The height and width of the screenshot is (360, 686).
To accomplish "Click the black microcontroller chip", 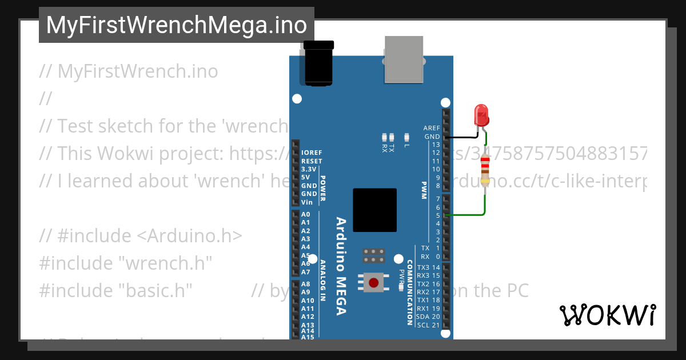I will click(x=374, y=210).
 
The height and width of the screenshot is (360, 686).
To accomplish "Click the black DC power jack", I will click(x=318, y=63).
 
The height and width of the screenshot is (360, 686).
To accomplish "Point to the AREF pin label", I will click(x=431, y=128).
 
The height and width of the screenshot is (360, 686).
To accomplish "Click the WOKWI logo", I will click(x=607, y=315).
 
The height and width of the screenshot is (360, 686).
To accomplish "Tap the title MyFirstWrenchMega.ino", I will click(x=176, y=25).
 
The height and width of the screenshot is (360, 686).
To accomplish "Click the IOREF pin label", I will click(x=311, y=153).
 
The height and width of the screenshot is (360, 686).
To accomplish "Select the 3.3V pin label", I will click(x=308, y=169).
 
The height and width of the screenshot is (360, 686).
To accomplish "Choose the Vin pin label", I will click(x=307, y=202).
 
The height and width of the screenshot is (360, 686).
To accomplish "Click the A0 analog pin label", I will click(x=305, y=214).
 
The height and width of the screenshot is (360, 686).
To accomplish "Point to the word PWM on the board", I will click(x=424, y=191).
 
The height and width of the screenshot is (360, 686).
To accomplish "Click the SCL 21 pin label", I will click(x=428, y=325).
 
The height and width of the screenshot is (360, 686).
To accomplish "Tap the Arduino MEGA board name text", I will click(x=341, y=266).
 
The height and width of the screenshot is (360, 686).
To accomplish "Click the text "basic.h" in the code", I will click(x=155, y=290).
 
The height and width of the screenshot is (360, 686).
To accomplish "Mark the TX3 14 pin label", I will click(x=428, y=267).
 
